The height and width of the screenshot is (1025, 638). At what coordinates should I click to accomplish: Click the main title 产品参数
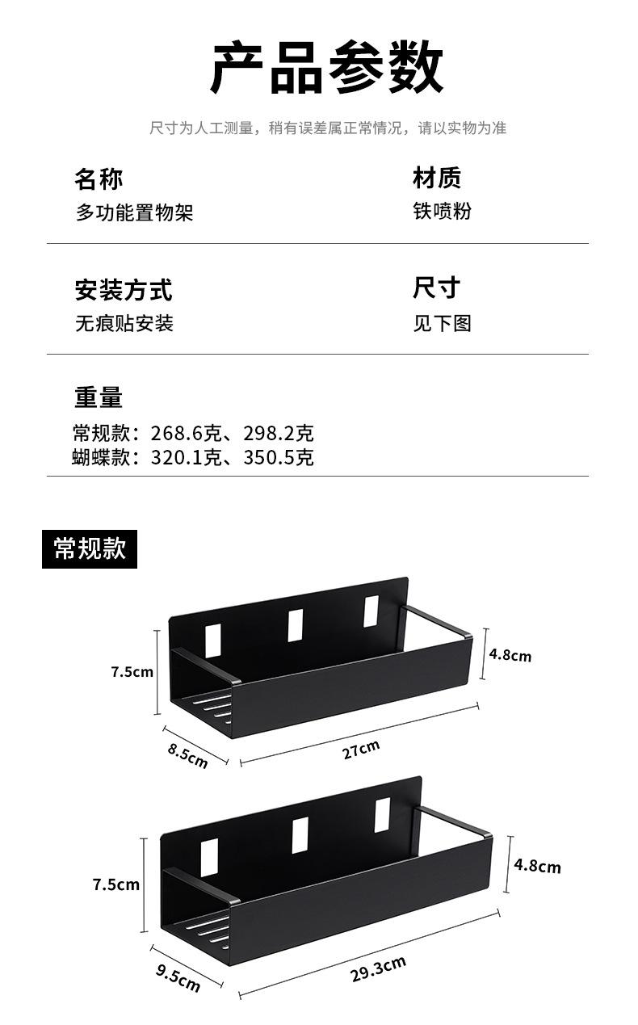[x=327, y=68]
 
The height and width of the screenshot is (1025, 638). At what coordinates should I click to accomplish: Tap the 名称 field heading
[x=99, y=179]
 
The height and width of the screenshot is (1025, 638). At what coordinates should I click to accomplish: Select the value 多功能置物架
[x=134, y=212]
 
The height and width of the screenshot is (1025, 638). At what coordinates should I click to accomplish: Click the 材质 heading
[x=436, y=178]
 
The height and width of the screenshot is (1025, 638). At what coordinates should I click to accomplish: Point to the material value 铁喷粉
[x=442, y=211]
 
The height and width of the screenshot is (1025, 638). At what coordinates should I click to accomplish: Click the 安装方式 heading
[x=123, y=289]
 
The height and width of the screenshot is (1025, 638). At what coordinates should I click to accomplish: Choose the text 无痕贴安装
[x=124, y=324]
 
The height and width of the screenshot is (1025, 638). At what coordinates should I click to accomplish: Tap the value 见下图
[x=442, y=324]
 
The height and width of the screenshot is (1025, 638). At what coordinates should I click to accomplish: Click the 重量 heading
[x=99, y=397]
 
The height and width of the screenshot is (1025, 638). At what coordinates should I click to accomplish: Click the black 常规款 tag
[x=90, y=548]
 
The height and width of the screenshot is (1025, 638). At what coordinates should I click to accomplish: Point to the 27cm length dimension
[x=360, y=750]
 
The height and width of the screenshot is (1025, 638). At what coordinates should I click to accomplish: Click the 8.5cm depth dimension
[x=187, y=756]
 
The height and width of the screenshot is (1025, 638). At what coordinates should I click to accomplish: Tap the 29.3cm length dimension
[x=378, y=968]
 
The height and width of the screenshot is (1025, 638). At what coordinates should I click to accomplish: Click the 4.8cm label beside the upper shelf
[x=510, y=654]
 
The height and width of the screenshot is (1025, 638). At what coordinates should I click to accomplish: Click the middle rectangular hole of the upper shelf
[x=296, y=624]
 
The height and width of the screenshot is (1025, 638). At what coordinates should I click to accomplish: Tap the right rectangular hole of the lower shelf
[x=382, y=815]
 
